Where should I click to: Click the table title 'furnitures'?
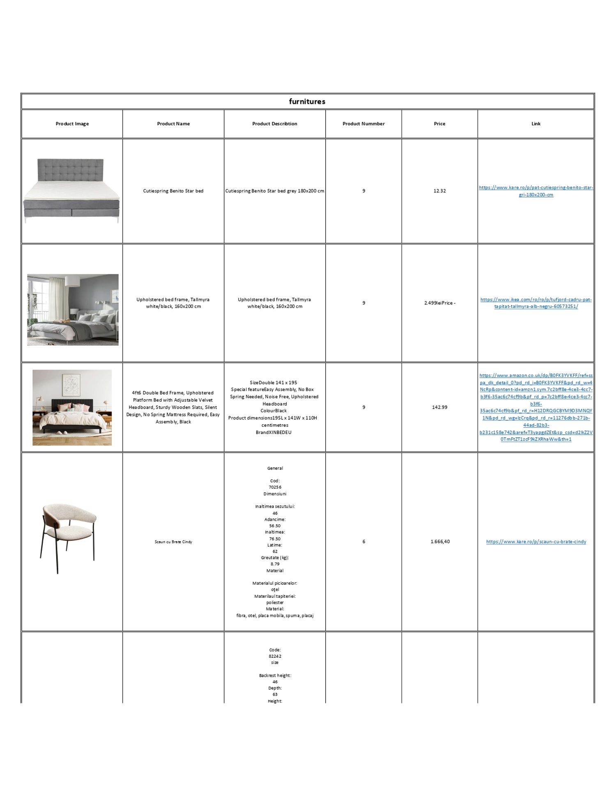pos(307,101)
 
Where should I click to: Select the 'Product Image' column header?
pos(72,124)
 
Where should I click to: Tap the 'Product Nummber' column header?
pos(363,124)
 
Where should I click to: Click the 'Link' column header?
pos(536,124)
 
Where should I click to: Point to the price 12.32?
pos(439,191)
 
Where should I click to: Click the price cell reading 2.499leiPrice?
pos(439,303)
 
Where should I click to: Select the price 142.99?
pos(439,407)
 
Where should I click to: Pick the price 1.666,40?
pos(440,542)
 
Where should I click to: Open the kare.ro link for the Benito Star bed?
pos(536,191)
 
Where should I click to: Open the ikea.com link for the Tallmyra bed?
pos(536,303)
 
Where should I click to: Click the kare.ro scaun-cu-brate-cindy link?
pos(536,542)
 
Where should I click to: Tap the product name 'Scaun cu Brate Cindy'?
pos(173,542)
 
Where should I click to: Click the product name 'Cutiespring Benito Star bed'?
pos(173,191)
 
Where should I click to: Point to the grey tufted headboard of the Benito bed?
pos(70,170)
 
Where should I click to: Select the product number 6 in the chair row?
pos(363,542)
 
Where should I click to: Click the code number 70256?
pos(275,487)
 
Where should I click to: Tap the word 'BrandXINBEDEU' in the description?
pos(274,432)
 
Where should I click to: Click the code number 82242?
pos(275,656)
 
